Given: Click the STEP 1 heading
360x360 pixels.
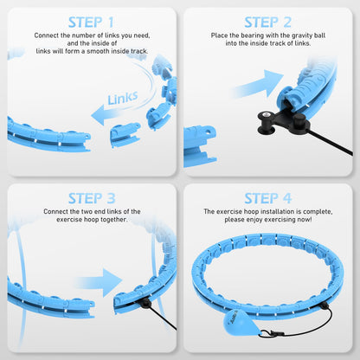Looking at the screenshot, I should (x=89, y=22).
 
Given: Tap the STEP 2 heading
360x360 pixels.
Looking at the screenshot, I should (x=268, y=22).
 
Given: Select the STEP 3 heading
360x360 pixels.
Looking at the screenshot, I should (x=89, y=198).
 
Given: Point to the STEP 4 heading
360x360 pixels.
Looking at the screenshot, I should (x=268, y=198).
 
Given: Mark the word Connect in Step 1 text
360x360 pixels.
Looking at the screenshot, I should (x=47, y=36).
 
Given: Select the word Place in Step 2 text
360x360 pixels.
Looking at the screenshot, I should (x=220, y=36).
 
